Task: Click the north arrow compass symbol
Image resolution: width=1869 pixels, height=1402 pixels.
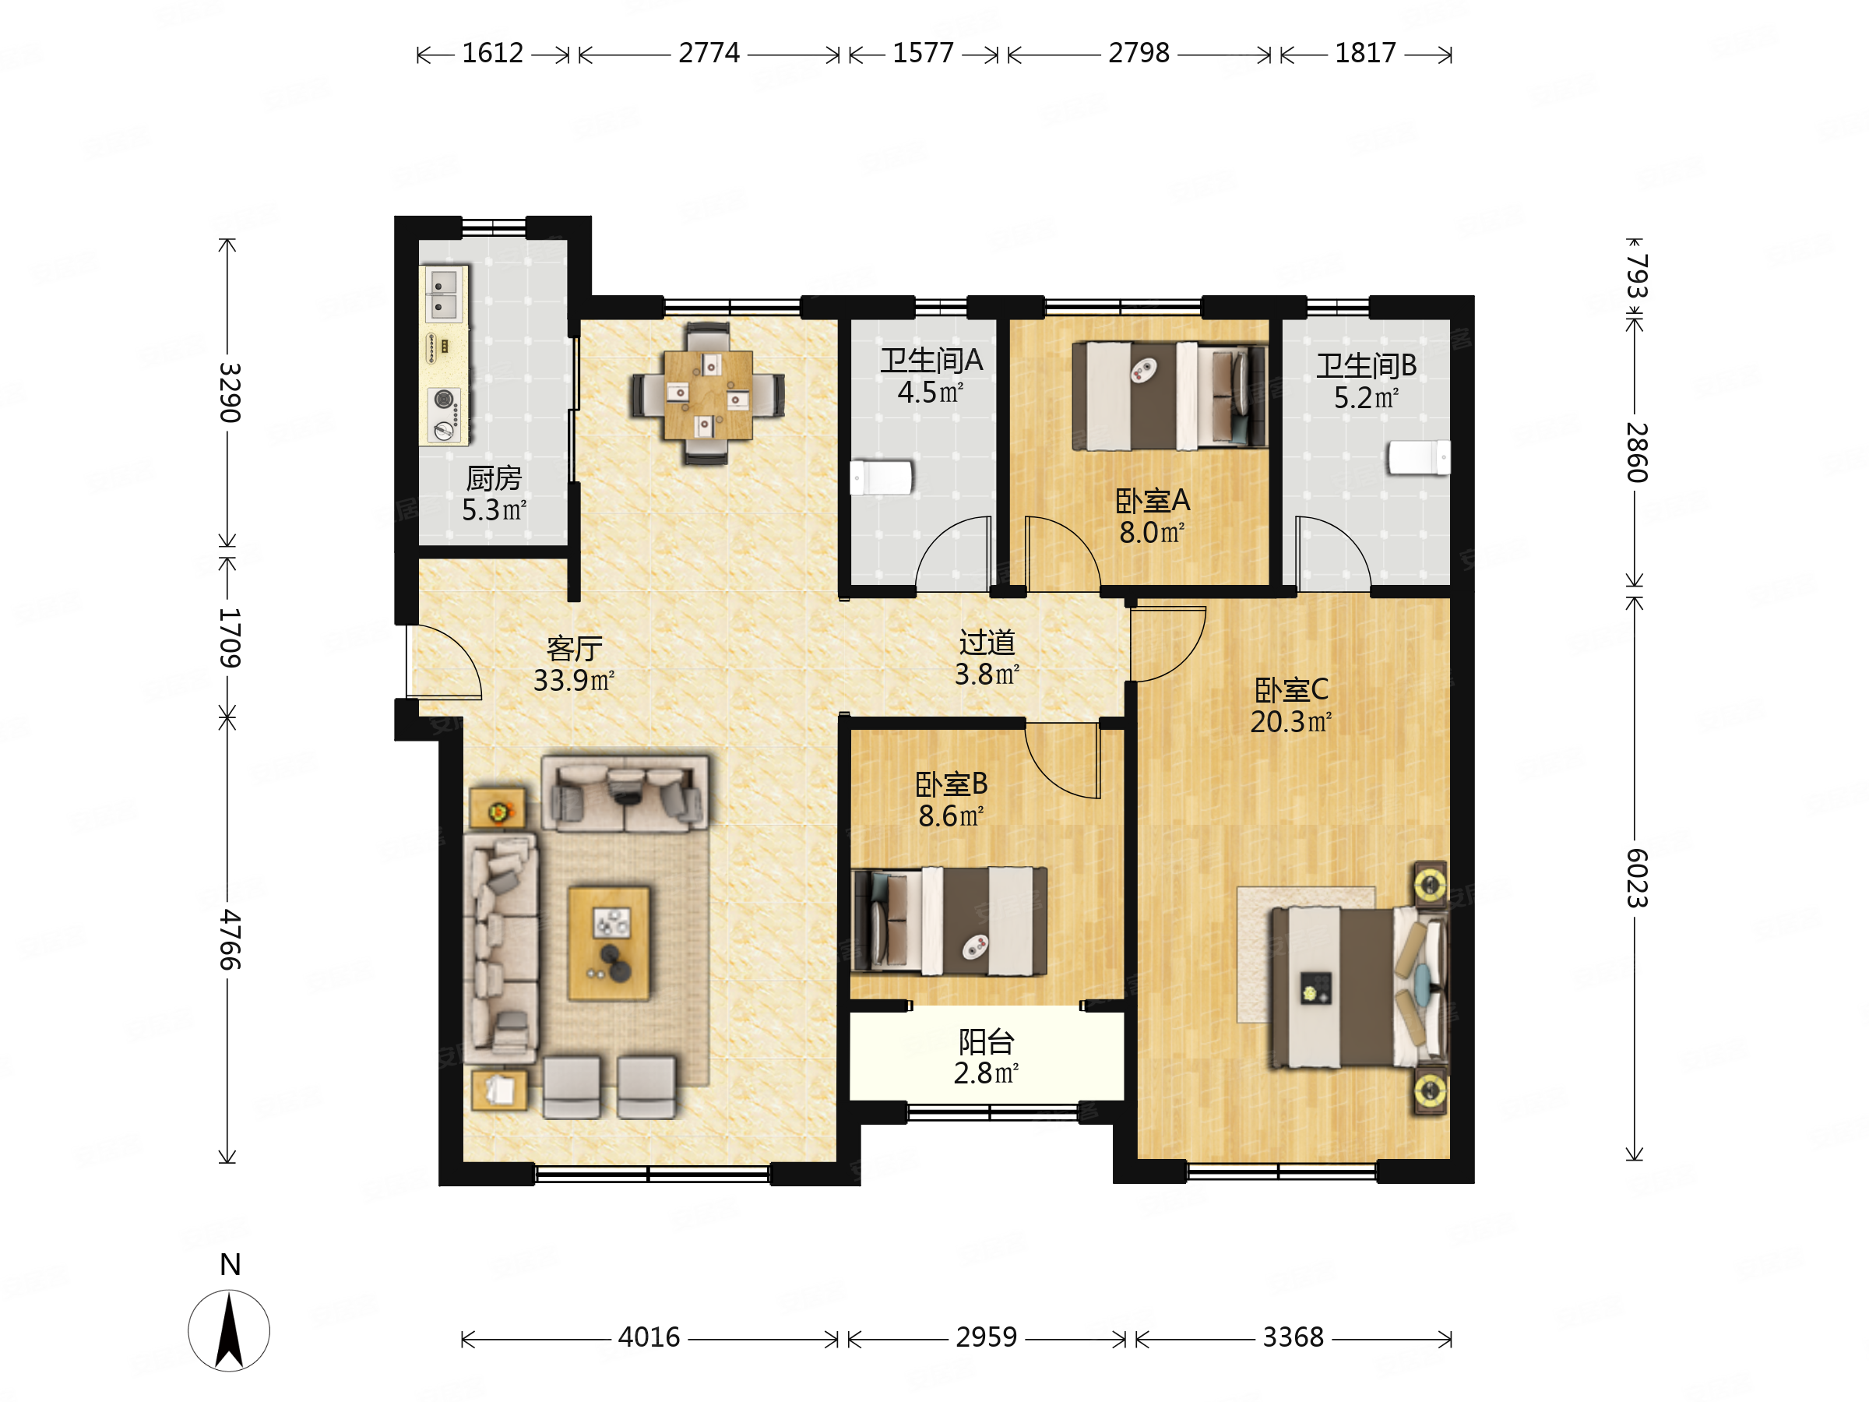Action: click(229, 1330)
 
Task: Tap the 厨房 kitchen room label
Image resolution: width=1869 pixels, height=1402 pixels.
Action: click(495, 478)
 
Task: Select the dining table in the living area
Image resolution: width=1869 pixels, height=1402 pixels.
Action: click(708, 395)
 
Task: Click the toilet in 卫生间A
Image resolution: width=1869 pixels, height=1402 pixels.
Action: click(882, 477)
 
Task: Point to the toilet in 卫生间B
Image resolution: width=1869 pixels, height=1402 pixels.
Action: click(1420, 457)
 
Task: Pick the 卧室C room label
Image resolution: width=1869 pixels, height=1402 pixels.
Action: click(1291, 689)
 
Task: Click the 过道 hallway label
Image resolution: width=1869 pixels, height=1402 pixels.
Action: click(987, 643)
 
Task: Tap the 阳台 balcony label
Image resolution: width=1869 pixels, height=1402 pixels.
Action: click(986, 1042)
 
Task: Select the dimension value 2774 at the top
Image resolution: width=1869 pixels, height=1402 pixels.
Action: click(709, 53)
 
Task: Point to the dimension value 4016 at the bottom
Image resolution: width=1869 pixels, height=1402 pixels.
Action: click(649, 1337)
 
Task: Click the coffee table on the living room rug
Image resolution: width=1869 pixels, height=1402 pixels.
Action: click(609, 943)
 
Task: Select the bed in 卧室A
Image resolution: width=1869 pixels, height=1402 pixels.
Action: click(1170, 396)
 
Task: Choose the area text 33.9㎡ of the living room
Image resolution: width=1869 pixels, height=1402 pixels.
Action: click(574, 680)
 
